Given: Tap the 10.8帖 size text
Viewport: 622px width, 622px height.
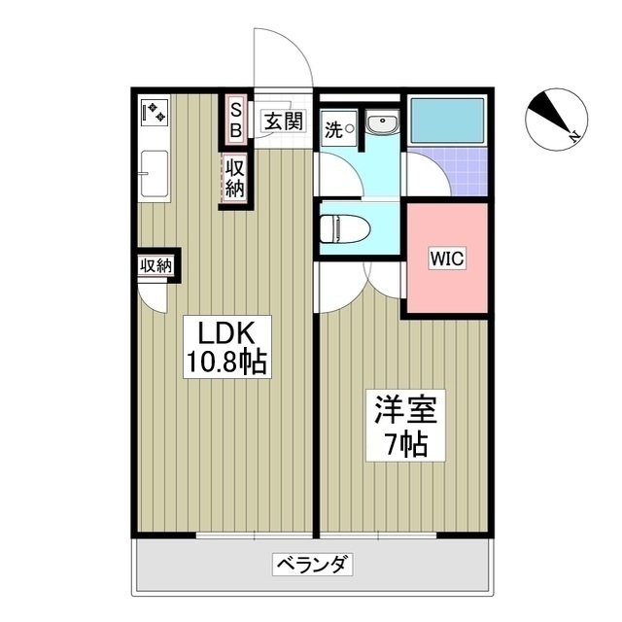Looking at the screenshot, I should point(227,363).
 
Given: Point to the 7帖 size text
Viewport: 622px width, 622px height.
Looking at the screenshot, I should point(402,444).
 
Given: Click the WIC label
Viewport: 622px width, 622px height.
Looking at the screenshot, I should point(448,259).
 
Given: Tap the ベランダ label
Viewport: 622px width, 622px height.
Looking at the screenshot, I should point(312,565).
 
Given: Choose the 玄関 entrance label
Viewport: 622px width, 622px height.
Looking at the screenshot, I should point(283,122).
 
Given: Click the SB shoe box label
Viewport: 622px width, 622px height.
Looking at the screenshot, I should point(235,118).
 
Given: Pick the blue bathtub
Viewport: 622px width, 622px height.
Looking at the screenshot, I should point(447,121).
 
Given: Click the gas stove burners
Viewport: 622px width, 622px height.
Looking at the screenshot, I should point(154,113).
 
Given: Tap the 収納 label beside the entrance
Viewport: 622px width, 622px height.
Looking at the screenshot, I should point(235,178).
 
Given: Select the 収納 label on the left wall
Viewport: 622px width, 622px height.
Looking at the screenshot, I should point(155,264).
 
